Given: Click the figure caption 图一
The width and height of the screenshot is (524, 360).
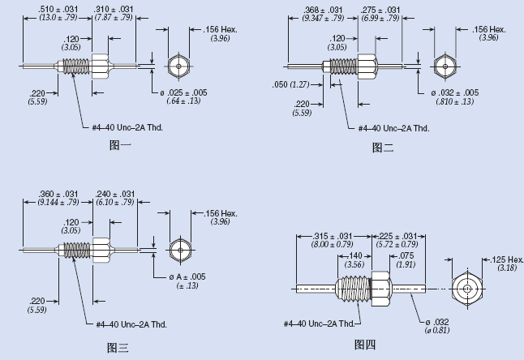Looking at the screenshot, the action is pos(120,145).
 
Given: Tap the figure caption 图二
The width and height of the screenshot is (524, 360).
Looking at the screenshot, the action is pos(383,148).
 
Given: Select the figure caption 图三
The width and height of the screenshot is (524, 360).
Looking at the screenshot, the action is pos(118,348).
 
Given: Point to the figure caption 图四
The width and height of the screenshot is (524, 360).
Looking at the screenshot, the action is pos(365,345).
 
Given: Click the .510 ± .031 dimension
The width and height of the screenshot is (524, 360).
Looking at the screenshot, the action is pos(58,9).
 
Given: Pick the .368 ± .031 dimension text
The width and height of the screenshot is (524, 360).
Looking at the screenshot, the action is pos(323,10).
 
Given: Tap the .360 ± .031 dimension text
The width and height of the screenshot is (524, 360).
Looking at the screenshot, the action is pos(58,194).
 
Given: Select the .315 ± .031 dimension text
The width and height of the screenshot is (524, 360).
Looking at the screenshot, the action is pos(333,236).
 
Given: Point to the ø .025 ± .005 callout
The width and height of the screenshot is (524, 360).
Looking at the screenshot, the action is pos(183,92).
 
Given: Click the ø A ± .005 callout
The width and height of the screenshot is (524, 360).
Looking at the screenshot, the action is pos(187,276).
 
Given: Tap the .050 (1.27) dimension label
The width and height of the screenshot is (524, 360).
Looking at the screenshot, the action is pos(290,84).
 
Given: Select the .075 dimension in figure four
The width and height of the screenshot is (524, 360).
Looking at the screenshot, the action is pos(406,255).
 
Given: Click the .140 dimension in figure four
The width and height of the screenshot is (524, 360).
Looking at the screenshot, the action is pos(354,255).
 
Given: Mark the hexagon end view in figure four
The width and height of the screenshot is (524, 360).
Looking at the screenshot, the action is pos(467,289).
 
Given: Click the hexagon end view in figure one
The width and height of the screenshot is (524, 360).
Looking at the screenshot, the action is pos(178,66).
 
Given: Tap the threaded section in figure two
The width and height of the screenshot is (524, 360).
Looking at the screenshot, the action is pos(344,66).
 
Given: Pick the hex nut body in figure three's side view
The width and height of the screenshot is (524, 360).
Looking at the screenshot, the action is pos(101,250).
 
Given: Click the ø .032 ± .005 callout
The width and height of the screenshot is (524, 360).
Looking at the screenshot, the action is pos(454,92).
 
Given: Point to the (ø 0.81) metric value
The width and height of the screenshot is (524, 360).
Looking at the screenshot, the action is pos(437,330).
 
